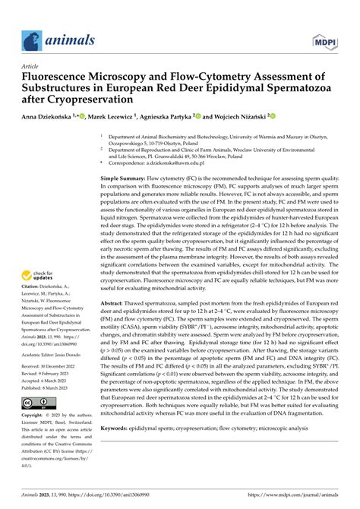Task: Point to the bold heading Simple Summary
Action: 126,176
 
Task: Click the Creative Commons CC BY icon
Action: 37,402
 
